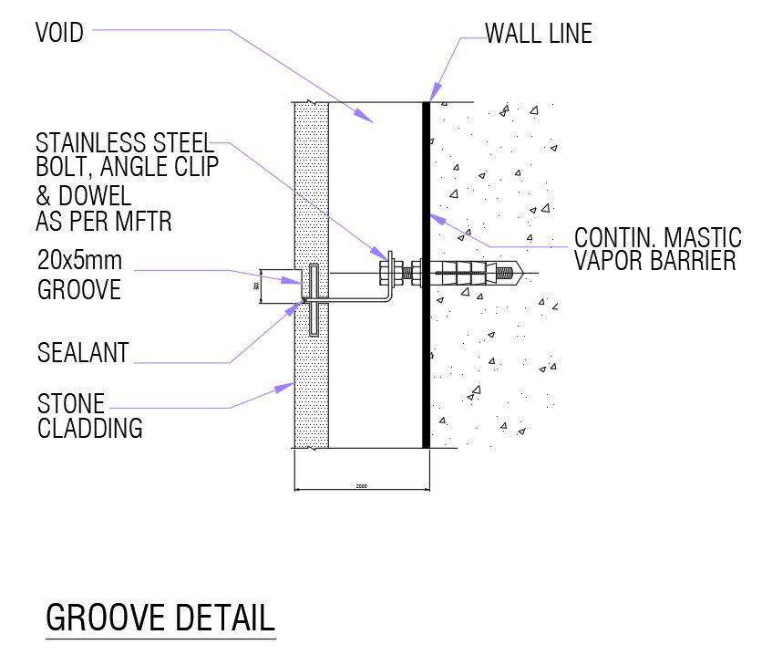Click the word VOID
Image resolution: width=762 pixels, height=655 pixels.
click(x=59, y=34)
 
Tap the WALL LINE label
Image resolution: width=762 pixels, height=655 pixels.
click(x=539, y=35)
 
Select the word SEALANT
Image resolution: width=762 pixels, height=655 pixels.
click(x=83, y=352)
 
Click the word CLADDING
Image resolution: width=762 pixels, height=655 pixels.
click(x=90, y=427)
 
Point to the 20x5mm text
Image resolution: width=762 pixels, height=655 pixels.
click(x=79, y=260)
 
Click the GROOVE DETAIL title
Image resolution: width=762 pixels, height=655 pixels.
click(x=160, y=618)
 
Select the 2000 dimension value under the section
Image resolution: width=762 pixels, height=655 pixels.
click(x=361, y=485)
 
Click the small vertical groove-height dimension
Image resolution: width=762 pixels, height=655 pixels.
click(x=257, y=286)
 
